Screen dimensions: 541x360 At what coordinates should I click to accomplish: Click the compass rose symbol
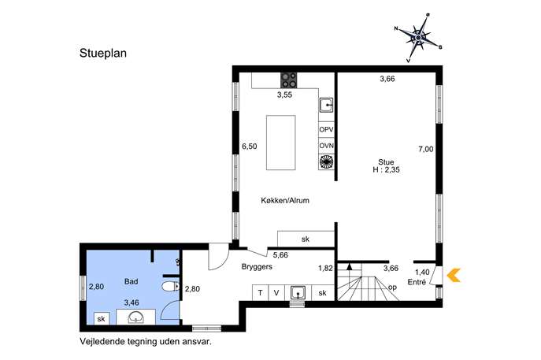pos(418,37)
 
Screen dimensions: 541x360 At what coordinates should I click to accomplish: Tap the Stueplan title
pos(103,53)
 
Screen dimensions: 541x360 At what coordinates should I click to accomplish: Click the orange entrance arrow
pos(454,275)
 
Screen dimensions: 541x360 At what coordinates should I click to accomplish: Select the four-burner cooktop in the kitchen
pos(289,80)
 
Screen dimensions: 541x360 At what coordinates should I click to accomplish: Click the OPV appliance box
pos(326,130)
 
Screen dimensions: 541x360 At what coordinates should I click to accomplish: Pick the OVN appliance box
pos(326,146)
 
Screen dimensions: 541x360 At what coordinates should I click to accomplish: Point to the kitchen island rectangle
pos(281,143)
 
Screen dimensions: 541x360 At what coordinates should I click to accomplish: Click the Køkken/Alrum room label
pos(285,200)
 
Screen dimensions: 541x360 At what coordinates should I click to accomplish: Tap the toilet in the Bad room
pos(170,287)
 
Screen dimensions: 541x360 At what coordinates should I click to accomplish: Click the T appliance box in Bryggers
pos(260,293)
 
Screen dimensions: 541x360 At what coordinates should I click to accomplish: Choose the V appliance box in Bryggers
pos(276,293)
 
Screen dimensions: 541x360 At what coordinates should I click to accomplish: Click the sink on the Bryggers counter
pos(298,293)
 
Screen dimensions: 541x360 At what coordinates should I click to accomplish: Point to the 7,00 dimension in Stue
pos(426,149)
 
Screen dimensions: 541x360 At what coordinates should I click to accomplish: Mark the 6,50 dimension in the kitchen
pos(249,147)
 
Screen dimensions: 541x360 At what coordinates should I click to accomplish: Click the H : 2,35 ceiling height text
pos(386,170)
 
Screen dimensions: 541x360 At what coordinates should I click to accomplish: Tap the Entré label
pos(417,282)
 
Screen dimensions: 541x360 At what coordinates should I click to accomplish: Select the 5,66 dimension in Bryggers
pos(280,255)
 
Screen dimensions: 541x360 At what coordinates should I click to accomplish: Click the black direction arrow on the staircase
pos(350,266)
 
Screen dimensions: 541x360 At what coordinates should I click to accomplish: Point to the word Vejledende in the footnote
pos(102,342)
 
